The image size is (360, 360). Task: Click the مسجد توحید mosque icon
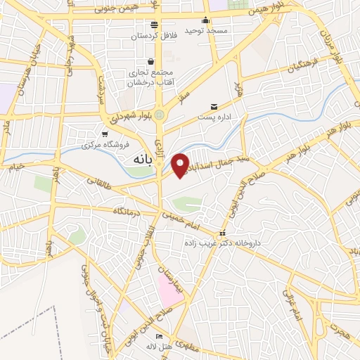coord(205,20)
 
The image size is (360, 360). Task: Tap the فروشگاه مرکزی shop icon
coord(105,134)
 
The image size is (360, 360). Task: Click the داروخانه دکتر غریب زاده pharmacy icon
coord(223,233)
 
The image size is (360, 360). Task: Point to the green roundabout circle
coord(160,115)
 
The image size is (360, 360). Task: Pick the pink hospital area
coord(170,289)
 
